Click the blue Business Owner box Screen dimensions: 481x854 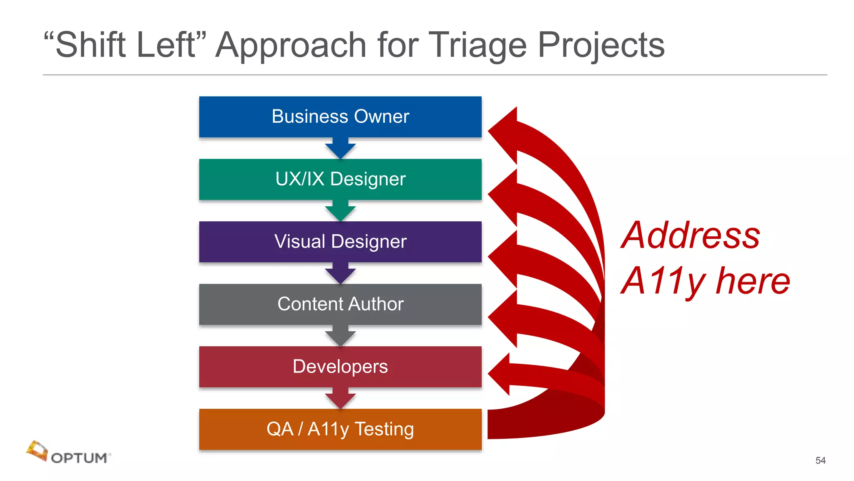(340, 117)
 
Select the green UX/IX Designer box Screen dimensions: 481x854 (340, 179)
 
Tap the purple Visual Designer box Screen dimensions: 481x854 (340, 242)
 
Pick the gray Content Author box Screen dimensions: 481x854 (340, 304)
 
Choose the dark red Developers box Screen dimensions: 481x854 (340, 367)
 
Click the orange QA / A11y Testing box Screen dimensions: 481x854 (340, 429)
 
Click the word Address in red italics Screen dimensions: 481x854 (691, 235)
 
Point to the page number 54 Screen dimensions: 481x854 (820, 460)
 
